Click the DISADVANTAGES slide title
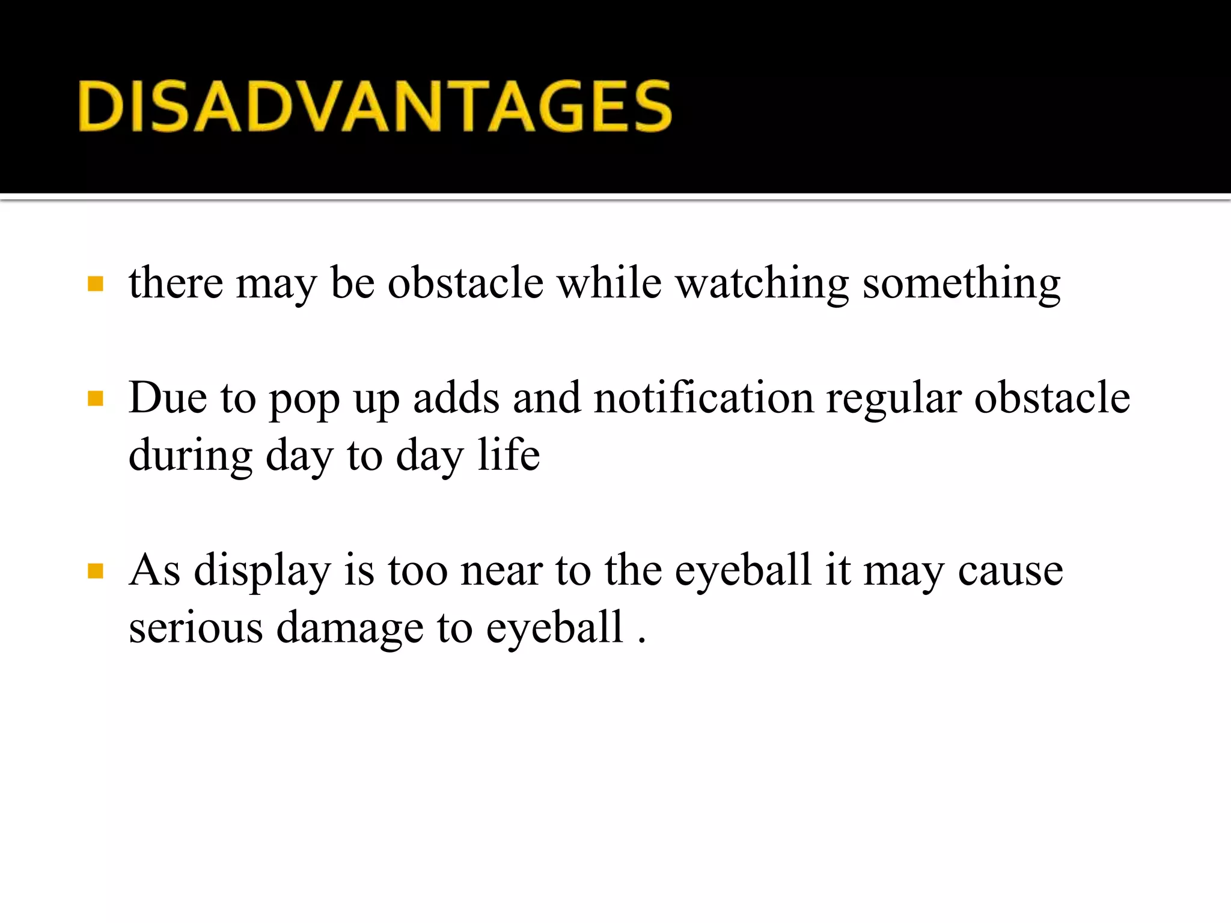(374, 106)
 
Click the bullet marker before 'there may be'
(96, 284)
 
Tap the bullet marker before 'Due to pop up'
(96, 398)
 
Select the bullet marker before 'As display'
(96, 570)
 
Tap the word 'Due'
(168, 398)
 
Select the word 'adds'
(456, 398)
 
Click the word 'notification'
(703, 398)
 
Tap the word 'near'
(501, 571)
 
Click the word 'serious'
(196, 627)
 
